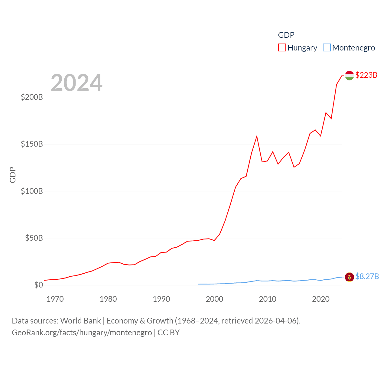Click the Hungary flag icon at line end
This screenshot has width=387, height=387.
pos(350,75)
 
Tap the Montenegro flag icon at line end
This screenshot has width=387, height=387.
pos(350,277)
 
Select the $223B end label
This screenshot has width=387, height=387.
pos(366,75)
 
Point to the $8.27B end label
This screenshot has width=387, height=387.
pos(367,276)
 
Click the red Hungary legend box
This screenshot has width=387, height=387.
pos(282,48)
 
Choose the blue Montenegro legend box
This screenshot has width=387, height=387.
pos(327,48)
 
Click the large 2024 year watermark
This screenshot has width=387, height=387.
pos(76,83)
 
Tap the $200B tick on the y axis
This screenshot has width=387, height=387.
pos(32,97)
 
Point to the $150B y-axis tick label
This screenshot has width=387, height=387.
pos(32,144)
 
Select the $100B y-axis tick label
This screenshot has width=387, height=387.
pos(32,191)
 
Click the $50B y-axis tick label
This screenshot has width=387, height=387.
pos(34,238)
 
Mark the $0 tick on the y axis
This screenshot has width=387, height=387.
pos(39,285)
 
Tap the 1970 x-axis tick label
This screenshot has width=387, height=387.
pos(55,299)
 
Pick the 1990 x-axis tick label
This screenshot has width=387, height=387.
pos(161,299)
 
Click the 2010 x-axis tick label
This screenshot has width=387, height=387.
pos(268,299)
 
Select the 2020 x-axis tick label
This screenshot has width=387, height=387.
pos(321,299)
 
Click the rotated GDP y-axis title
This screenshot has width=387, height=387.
pos(13,175)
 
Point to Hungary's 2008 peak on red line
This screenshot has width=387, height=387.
pos(257,136)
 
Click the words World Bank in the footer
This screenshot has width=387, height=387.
pos(80,321)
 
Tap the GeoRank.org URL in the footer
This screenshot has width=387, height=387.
pos(82,333)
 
